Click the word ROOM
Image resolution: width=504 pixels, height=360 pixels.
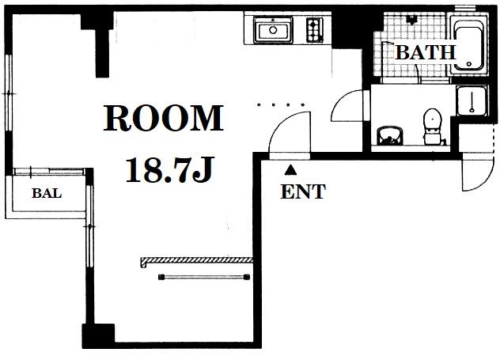(163, 118)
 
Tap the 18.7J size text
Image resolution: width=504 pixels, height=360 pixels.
(169, 169)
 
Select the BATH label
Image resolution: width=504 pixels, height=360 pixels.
(426, 53)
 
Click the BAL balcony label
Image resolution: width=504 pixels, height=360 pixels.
(47, 193)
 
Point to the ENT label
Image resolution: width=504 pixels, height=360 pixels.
(303, 191)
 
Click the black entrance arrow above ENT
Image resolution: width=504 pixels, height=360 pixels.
(290, 170)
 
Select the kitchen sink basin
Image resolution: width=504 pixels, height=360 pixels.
(273, 29)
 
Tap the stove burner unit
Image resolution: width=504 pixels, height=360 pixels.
(315, 29)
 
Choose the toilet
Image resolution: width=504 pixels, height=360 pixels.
(432, 127)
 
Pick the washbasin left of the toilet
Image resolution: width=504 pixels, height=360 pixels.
(390, 135)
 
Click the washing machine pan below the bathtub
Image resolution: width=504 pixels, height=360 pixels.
(472, 100)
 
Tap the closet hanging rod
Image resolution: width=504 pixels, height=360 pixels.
(204, 277)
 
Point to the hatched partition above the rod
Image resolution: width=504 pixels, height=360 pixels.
(196, 260)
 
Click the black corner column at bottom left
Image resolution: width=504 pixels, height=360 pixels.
(98, 336)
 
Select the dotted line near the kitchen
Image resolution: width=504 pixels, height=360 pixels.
(281, 104)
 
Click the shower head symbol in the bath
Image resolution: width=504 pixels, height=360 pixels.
(411, 20)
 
